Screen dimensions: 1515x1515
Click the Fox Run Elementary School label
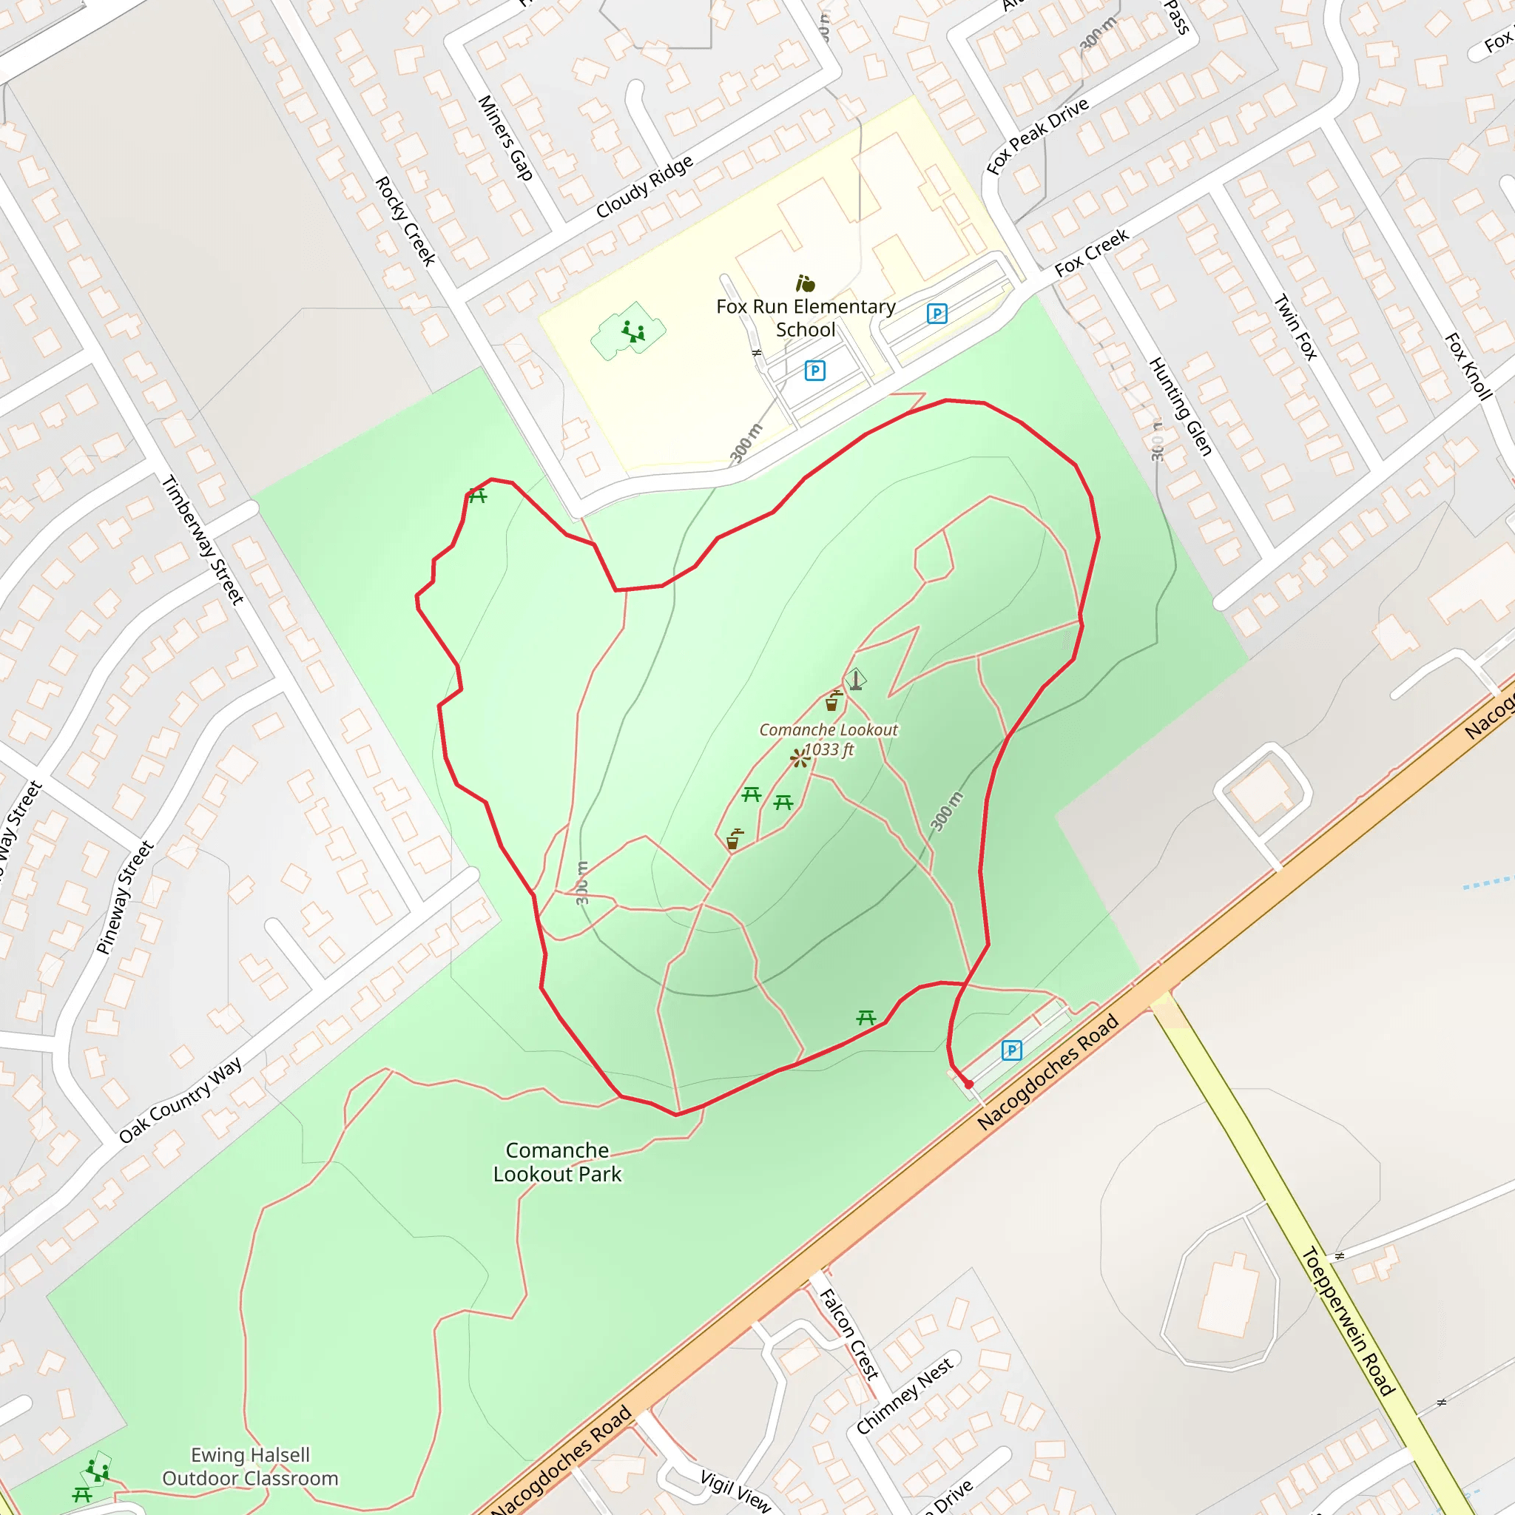tap(806, 317)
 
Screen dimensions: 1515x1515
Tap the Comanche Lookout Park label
tap(557, 1162)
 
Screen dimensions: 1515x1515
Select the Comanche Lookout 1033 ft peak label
tap(828, 740)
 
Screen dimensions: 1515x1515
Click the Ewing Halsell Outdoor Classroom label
tap(250, 1466)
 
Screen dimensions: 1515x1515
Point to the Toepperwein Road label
tap(1348, 1321)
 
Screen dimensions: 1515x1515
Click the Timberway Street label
tap(202, 540)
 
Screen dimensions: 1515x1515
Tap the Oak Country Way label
tap(180, 1100)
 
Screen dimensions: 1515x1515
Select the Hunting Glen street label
tap(1181, 406)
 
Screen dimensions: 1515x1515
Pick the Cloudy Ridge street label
tap(644, 186)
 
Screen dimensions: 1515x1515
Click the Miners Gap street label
tap(506, 138)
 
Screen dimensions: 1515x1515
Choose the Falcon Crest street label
tap(848, 1334)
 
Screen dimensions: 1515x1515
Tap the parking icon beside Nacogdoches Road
tap(1011, 1050)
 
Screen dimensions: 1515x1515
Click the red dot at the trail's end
tap(969, 1084)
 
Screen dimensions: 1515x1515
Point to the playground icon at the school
tap(632, 331)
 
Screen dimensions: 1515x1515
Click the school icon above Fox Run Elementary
tap(806, 283)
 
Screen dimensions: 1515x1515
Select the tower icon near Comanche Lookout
tap(857, 679)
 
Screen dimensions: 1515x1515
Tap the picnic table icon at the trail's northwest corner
tap(478, 495)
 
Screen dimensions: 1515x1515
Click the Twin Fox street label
tap(1295, 327)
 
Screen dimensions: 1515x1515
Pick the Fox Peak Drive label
tap(1037, 135)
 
